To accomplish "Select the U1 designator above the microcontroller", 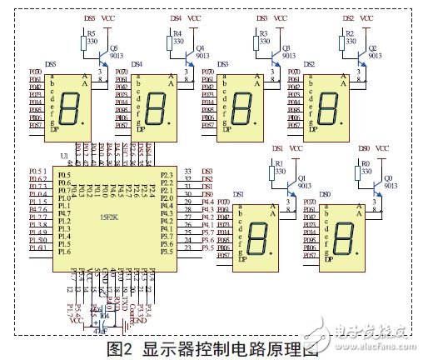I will (64, 156).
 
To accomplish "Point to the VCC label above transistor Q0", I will (383, 147).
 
